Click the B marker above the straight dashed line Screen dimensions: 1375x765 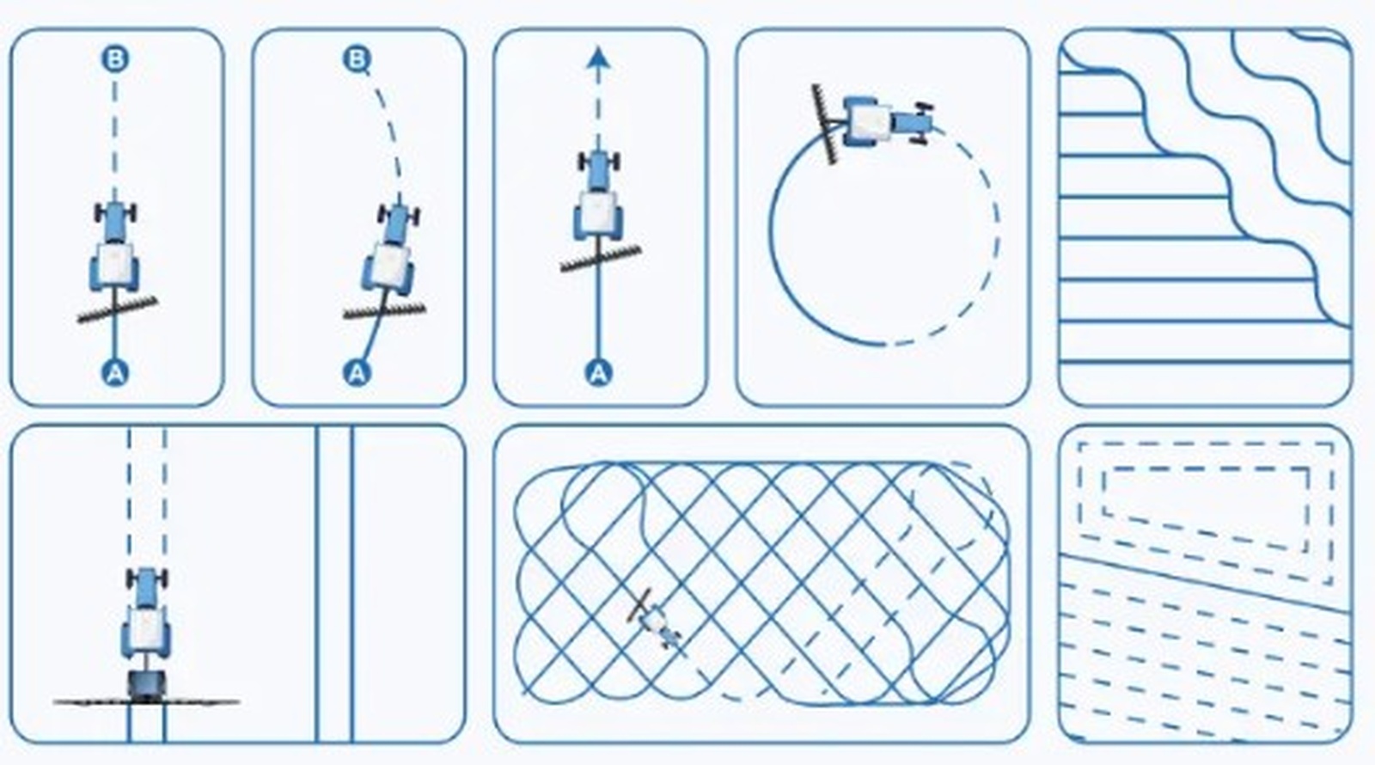115,59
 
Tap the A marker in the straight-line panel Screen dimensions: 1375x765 115,373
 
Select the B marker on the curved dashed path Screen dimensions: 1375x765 357,59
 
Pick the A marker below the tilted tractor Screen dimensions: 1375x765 357,373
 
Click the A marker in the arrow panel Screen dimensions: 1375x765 598,373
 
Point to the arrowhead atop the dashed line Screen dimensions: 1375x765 598,59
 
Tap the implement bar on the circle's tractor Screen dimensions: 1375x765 824,124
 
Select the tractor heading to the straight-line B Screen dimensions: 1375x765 115,247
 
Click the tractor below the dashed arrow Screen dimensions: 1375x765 598,195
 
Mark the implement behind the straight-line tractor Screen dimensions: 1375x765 117,309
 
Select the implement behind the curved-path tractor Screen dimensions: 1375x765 384,310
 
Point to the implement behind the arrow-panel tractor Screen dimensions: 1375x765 601,259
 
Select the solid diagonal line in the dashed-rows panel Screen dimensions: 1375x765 1207,583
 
